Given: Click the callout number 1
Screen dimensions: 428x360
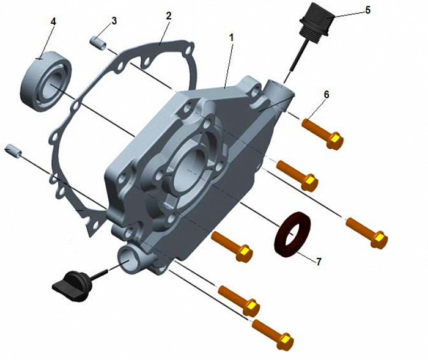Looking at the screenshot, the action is pyautogui.click(x=232, y=38).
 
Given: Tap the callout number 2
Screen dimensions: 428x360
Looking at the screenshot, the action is pyautogui.click(x=169, y=16).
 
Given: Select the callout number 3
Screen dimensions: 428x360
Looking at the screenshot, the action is pyautogui.click(x=114, y=21).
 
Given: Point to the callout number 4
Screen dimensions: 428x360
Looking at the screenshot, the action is pyautogui.click(x=53, y=22).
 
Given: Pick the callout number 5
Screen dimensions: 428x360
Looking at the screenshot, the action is pyautogui.click(x=367, y=10).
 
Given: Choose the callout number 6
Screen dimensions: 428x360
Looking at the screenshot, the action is pyautogui.click(x=327, y=95).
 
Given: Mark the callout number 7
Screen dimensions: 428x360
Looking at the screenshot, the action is pyautogui.click(x=319, y=262).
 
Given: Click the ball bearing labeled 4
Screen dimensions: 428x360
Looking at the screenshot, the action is pyautogui.click(x=46, y=81).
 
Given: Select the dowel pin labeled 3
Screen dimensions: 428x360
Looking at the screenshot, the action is pyautogui.click(x=98, y=43).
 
